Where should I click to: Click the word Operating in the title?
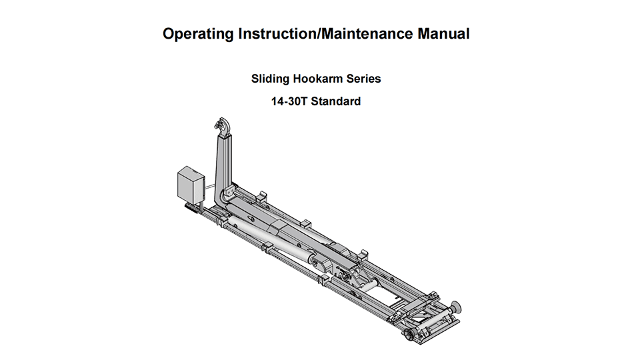click(x=199, y=34)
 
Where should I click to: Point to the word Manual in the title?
click(x=444, y=34)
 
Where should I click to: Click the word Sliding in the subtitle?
click(x=269, y=79)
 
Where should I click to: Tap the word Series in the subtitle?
click(x=363, y=79)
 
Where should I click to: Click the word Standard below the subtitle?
click(x=340, y=102)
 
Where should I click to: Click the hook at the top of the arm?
click(x=221, y=126)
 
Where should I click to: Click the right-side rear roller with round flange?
click(x=455, y=308)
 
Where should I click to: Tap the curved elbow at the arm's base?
click(x=224, y=198)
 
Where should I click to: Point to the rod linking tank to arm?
click(x=209, y=186)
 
